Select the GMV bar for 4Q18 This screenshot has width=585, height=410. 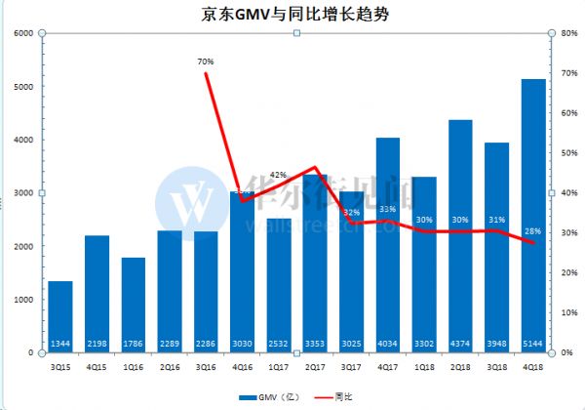tap(533, 215)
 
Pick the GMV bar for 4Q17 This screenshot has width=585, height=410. tap(388, 244)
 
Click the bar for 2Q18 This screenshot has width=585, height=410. tap(460, 234)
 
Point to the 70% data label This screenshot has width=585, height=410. tap(206, 61)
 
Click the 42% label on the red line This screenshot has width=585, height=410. tap(278, 175)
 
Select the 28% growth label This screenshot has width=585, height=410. tap(533, 231)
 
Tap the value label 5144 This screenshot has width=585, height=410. tap(533, 342)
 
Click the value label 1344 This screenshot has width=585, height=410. tap(60, 342)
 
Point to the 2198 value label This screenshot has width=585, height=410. tap(97, 342)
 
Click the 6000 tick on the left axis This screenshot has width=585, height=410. tap(23, 33)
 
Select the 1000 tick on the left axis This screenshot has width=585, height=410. tap(23, 299)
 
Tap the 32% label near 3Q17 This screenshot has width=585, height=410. tap(351, 212)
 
